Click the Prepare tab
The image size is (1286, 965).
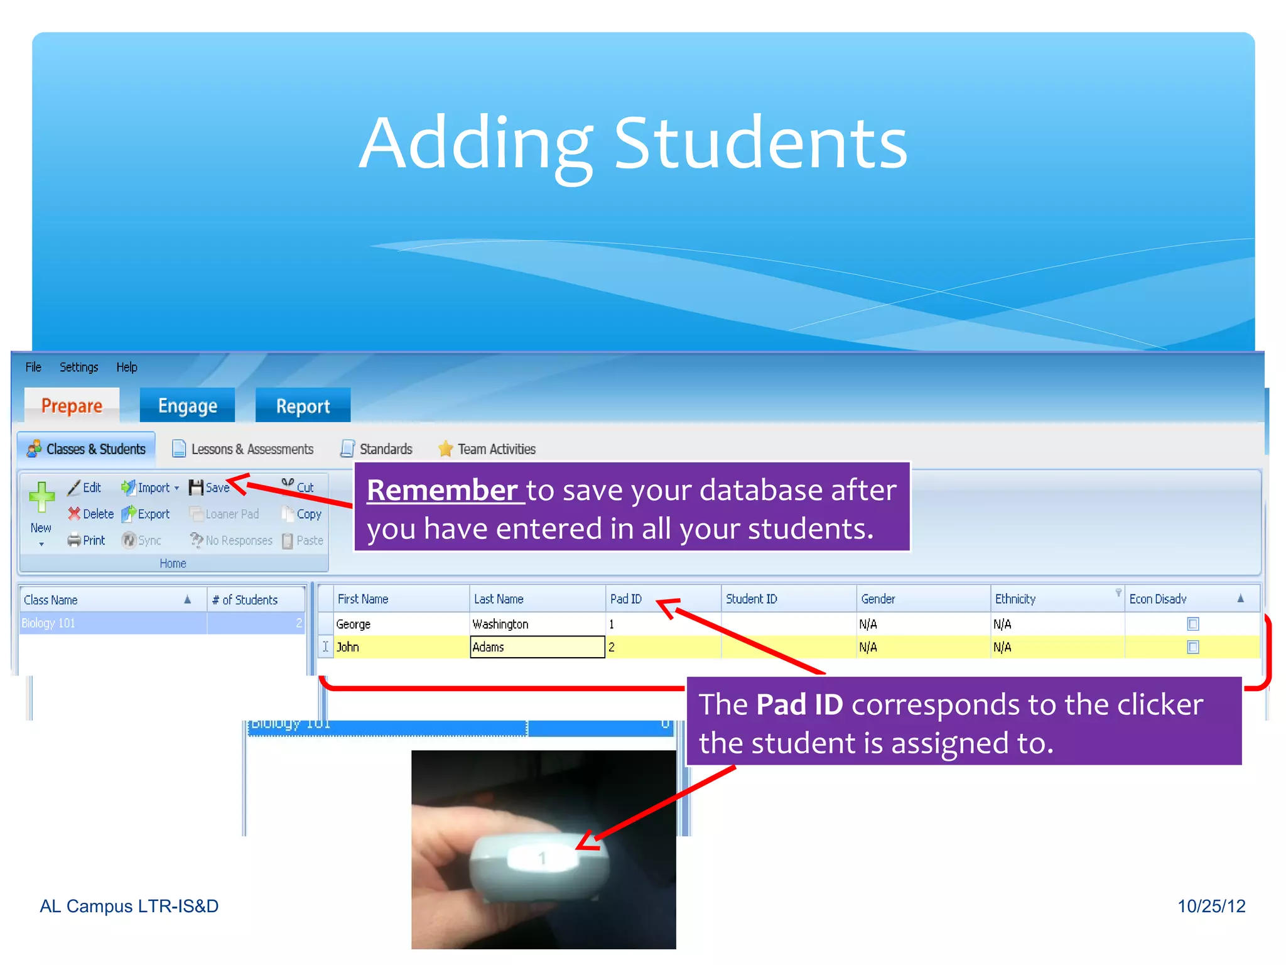point(72,406)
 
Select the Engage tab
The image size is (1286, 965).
point(187,406)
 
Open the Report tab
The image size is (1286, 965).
point(303,406)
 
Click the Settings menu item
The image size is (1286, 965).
point(78,367)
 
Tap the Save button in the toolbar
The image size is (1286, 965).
point(210,488)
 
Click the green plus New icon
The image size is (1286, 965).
point(41,498)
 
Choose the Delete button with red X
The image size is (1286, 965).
point(91,514)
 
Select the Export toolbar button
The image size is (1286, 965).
point(146,514)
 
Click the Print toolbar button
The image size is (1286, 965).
point(87,540)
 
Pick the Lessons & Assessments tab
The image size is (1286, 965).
point(243,449)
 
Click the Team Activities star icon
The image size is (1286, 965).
point(445,449)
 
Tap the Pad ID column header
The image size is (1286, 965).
point(626,599)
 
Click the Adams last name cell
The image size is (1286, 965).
point(536,647)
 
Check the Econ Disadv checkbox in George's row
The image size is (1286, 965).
point(1193,624)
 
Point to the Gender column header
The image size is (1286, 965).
point(878,599)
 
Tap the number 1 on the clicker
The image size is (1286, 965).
point(542,858)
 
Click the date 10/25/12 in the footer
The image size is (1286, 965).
point(1211,906)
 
